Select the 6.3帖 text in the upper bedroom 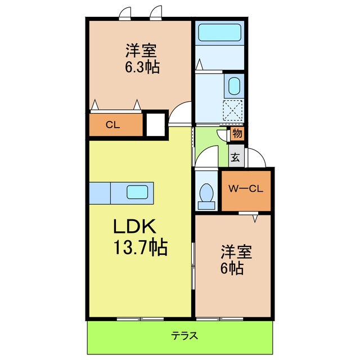point(141,68)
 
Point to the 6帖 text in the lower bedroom point(232,268)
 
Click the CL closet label point(112,125)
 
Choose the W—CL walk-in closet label point(245,188)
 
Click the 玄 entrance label point(235,157)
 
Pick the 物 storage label point(236,134)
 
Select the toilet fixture point(206,194)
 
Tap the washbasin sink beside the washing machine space point(233,86)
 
